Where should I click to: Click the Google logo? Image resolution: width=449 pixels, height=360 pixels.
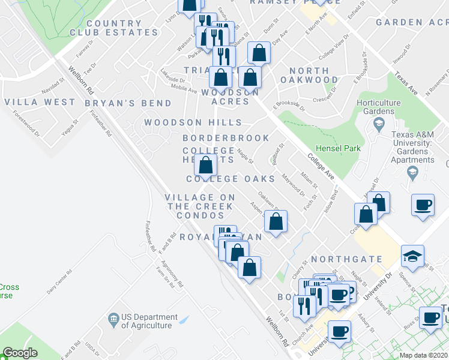pos(20,353)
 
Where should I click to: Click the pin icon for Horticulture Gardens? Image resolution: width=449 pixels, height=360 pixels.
pos(379,125)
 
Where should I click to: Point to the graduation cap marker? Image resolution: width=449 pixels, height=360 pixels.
pos(412,256)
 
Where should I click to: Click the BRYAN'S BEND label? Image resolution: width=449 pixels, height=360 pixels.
pos(128,103)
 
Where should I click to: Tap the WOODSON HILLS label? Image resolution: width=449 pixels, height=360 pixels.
pos(192,123)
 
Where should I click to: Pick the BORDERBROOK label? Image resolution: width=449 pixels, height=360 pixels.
pos(226,138)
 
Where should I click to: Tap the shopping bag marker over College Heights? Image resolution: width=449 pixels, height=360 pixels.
pos(205,165)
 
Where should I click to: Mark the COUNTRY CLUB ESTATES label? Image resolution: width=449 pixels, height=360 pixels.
pos(106,28)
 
